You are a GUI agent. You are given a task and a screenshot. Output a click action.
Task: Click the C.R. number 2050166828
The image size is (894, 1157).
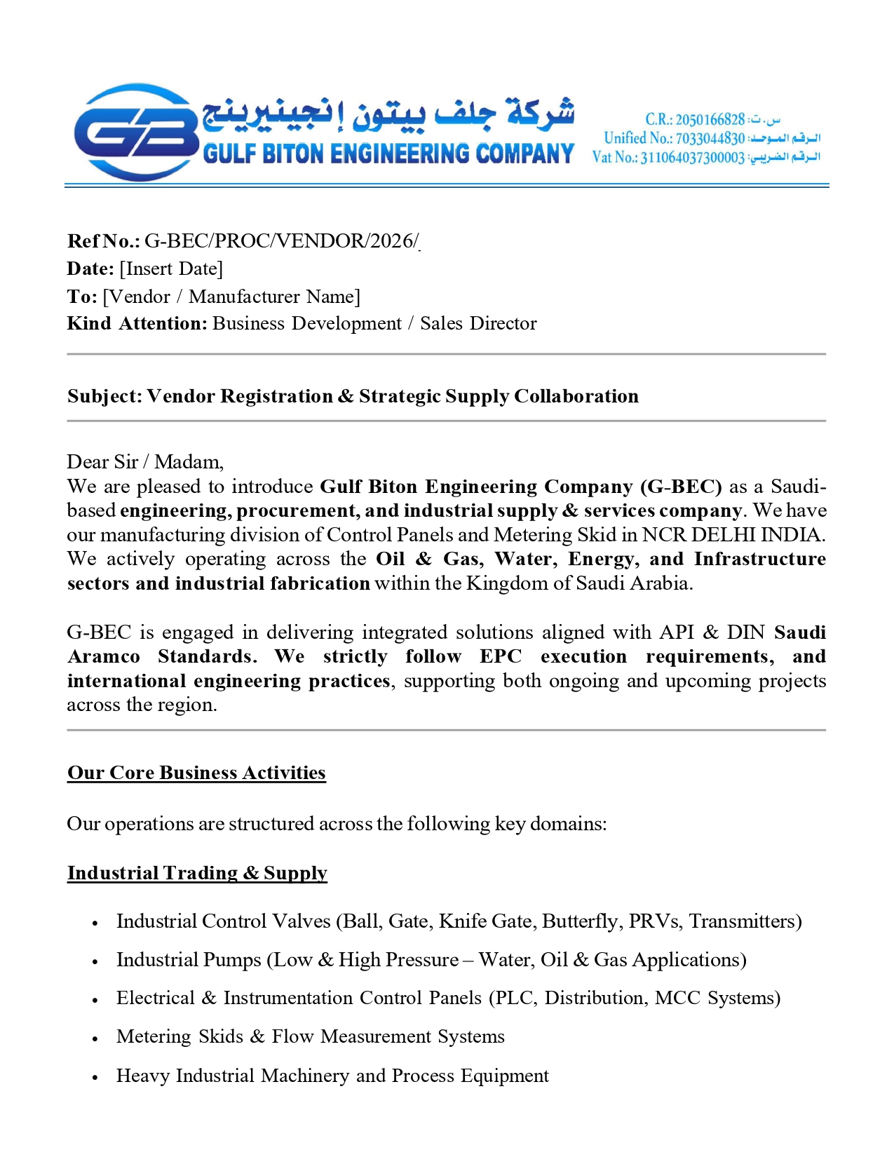coord(710,119)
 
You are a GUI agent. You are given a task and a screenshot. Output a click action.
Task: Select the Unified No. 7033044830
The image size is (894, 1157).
coord(710,138)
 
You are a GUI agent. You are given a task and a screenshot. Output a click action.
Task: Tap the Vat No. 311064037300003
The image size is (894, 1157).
coord(692,157)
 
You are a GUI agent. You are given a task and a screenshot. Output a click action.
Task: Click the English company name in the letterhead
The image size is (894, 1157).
coord(388,154)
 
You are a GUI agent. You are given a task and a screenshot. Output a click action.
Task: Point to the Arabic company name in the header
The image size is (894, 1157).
coord(388,114)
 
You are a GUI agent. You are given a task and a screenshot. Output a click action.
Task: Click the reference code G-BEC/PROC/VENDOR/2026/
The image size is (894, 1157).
coord(281,241)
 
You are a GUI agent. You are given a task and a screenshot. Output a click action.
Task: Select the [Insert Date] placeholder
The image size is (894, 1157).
coord(171,269)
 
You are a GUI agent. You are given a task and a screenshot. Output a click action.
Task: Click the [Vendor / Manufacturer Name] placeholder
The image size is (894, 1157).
coord(231,297)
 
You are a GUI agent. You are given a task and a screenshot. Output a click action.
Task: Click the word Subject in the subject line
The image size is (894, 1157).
coord(104,396)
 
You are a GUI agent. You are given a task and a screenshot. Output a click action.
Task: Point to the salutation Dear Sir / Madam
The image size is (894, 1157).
coord(145,461)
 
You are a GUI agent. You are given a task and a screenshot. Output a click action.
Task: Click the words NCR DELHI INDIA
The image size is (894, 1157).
coord(733,535)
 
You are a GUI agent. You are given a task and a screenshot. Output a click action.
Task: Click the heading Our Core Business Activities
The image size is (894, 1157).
coord(196,773)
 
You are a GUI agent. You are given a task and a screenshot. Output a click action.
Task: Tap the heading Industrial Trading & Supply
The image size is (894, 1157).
coord(197,873)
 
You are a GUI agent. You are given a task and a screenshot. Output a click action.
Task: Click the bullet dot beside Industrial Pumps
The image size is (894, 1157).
coord(95,962)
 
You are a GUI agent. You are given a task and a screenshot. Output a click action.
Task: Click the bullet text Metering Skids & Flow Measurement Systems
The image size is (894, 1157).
coord(310,1036)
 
